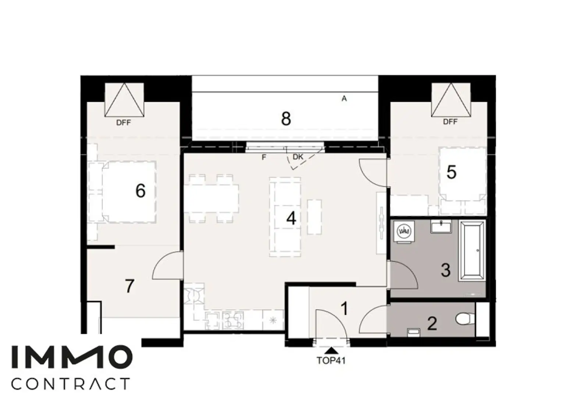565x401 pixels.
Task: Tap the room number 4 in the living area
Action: click(291, 219)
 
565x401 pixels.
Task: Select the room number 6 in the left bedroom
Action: click(140, 191)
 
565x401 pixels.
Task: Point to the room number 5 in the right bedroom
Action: click(451, 172)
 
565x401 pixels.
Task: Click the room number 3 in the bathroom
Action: click(445, 270)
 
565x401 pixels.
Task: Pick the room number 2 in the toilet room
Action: click(432, 324)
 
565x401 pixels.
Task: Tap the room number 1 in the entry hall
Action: click(344, 309)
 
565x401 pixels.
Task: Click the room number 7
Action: click(129, 286)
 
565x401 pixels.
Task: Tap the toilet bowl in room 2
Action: click(464, 319)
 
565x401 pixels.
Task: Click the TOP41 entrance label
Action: click(331, 360)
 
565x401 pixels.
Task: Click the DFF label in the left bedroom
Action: click(124, 123)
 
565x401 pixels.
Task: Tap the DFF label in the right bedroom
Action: click(450, 122)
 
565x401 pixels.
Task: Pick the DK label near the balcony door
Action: click(298, 157)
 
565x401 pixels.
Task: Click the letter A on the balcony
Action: click(344, 99)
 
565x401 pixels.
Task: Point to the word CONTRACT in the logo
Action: click(71, 384)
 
